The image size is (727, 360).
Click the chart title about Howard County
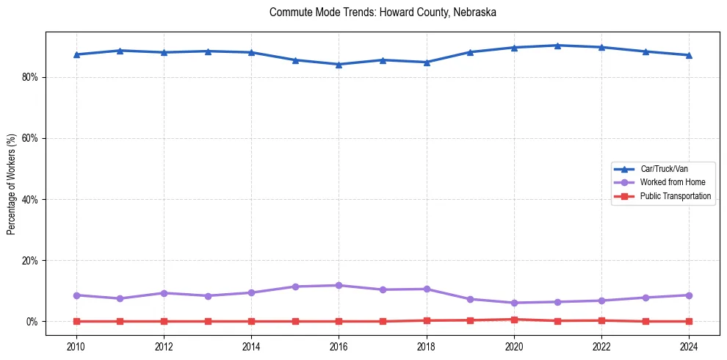tap(383, 12)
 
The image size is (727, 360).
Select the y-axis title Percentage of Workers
tap(11, 184)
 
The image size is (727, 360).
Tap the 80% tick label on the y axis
tap(29, 77)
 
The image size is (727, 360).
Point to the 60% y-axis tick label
tap(29, 138)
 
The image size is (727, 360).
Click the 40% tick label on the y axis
tap(29, 199)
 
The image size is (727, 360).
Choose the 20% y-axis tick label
tap(29, 261)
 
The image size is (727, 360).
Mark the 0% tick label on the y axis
tap(32, 322)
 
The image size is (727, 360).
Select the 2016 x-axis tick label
tap(339, 345)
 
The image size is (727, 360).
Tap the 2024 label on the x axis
tap(689, 345)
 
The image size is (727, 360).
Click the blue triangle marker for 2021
tap(557, 46)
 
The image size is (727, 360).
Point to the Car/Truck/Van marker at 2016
tap(339, 64)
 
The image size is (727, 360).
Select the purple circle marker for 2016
tap(339, 285)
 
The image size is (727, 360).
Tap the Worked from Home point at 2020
tap(514, 303)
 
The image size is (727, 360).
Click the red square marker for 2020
tap(514, 320)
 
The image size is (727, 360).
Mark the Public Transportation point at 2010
tap(76, 321)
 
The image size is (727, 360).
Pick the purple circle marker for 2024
tap(689, 295)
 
